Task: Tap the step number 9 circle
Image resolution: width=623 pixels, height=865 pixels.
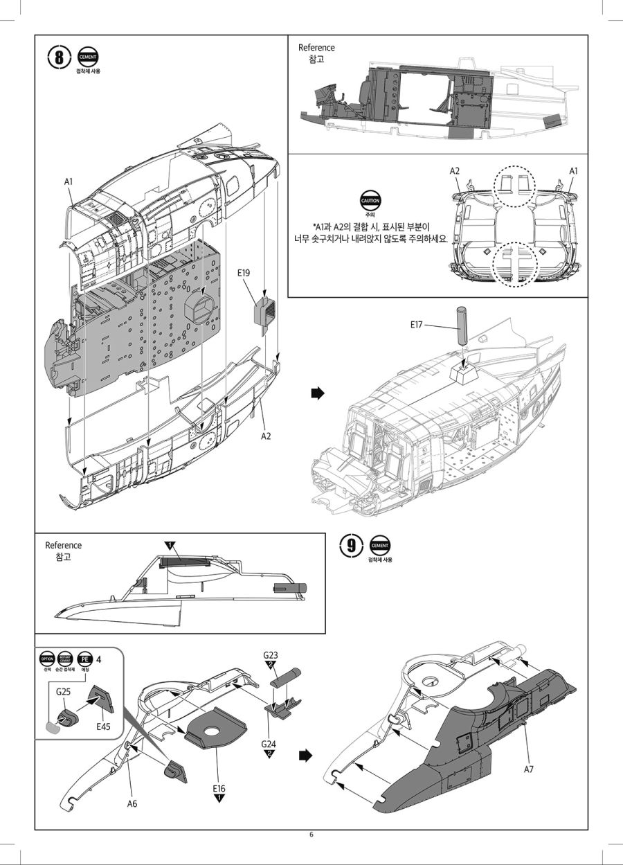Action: click(352, 545)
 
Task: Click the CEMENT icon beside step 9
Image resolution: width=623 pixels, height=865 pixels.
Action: click(380, 544)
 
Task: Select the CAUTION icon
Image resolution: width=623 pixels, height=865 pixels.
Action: click(369, 201)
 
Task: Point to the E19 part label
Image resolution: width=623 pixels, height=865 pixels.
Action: click(243, 274)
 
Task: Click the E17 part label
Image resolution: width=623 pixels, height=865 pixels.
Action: click(416, 323)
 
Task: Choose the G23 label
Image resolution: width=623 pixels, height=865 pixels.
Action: click(270, 655)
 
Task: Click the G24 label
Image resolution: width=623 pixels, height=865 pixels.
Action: click(269, 744)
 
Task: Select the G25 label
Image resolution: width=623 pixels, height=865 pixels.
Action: click(64, 691)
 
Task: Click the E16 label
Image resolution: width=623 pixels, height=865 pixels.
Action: click(219, 788)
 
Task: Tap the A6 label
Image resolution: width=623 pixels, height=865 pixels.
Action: click(132, 803)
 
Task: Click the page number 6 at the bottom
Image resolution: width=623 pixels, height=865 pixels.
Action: click(311, 835)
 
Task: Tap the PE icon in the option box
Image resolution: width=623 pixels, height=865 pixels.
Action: click(84, 659)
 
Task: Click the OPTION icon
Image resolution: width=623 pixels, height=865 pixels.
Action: click(47, 659)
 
